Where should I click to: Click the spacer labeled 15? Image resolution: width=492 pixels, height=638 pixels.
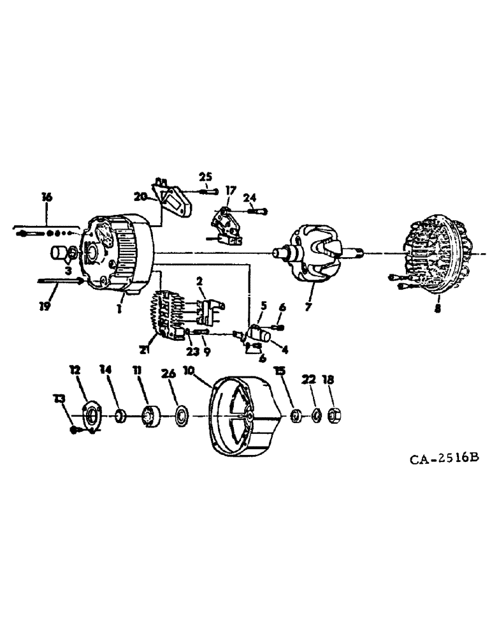coord(295,417)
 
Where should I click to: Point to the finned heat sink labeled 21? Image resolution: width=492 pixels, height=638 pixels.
coord(167,313)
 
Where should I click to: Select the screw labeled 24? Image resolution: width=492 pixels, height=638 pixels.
coord(257,211)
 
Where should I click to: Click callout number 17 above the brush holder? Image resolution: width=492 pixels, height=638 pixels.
coord(230,189)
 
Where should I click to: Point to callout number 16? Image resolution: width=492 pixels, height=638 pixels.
coord(45,197)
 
